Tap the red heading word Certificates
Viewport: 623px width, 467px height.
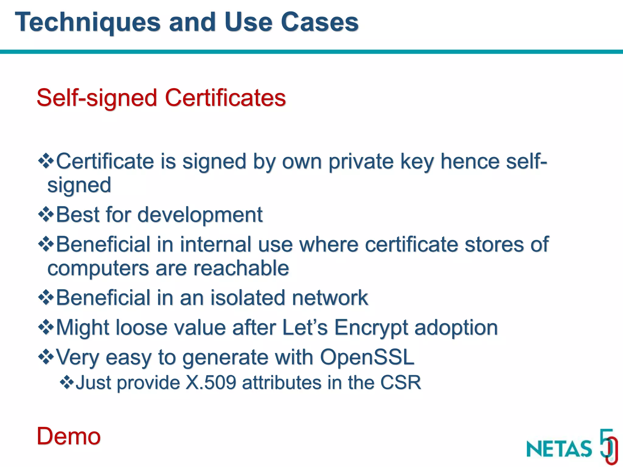tap(225, 98)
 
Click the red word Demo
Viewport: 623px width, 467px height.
tap(68, 436)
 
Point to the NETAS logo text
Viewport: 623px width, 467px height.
tap(559, 449)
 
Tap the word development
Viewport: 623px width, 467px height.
tap(200, 215)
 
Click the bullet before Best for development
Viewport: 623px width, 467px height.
tap(46, 214)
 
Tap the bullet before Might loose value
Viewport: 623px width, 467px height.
tap(46, 327)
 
